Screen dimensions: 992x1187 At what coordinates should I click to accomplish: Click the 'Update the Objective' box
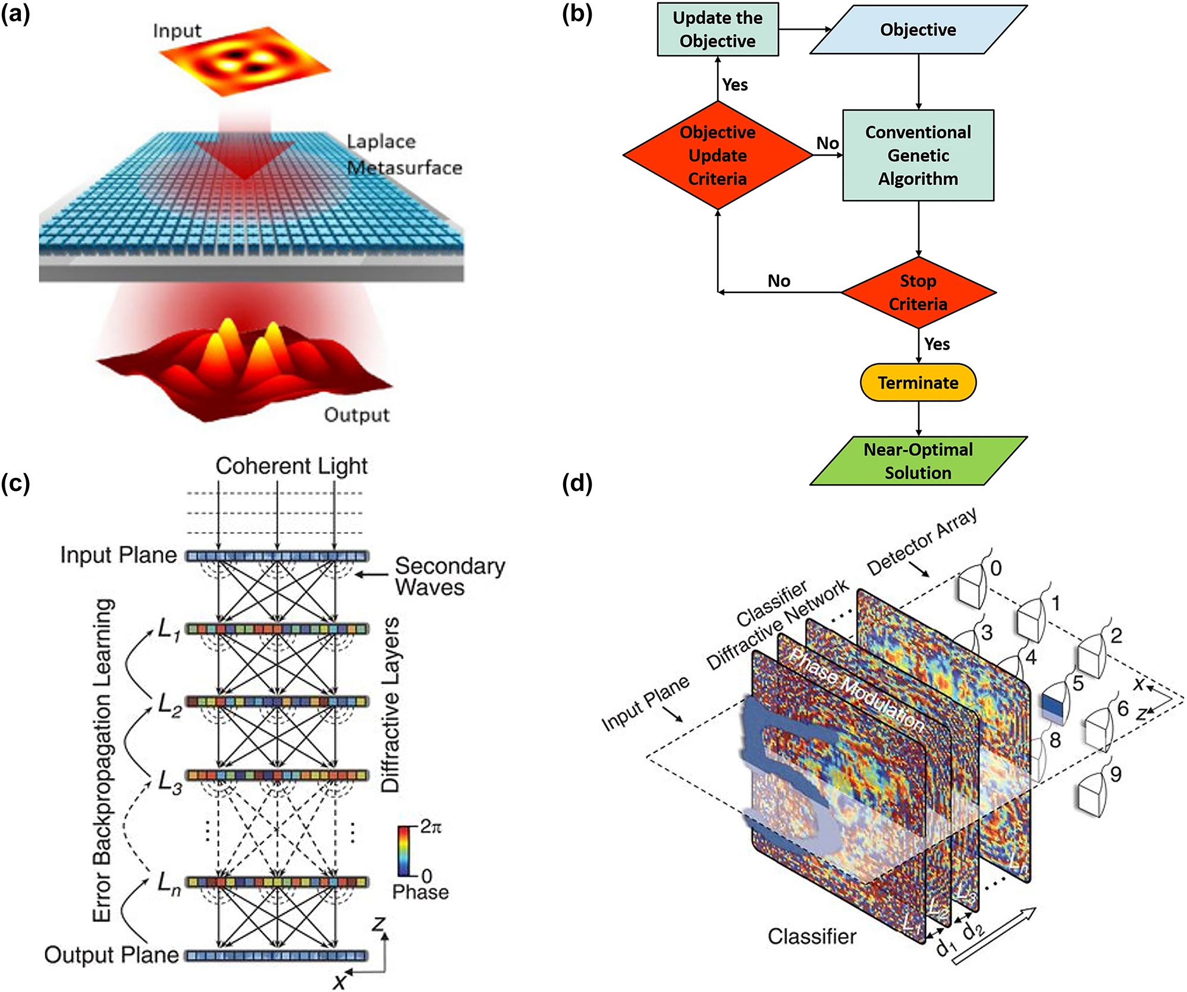coord(717,30)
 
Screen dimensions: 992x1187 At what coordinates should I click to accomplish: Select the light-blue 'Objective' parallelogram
coord(918,30)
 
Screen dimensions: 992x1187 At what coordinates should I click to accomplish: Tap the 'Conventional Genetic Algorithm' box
coord(918,155)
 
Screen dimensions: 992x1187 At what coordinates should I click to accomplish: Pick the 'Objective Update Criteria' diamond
coord(717,155)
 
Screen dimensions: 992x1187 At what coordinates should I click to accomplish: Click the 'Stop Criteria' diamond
coord(918,292)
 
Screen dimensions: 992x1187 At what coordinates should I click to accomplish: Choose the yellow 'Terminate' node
coord(918,383)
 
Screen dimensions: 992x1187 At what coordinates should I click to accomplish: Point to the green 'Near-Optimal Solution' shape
coord(918,461)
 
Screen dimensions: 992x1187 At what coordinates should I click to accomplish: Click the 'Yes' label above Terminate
coord(937,344)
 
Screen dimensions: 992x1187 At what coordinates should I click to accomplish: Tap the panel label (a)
coord(15,13)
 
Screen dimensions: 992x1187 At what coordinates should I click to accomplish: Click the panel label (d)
coord(577,484)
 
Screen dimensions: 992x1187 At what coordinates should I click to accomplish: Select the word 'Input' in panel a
coord(177,31)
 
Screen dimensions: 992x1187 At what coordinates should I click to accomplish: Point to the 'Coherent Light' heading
coord(291,466)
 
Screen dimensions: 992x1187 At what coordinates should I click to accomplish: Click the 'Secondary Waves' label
coord(450,577)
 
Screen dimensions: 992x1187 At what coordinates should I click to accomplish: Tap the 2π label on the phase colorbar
coord(431,827)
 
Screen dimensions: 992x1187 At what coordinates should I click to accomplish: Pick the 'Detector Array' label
coord(922,541)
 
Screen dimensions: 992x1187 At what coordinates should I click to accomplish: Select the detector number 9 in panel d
coord(1116,774)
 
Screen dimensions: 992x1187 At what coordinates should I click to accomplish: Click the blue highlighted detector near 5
coord(1052,708)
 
